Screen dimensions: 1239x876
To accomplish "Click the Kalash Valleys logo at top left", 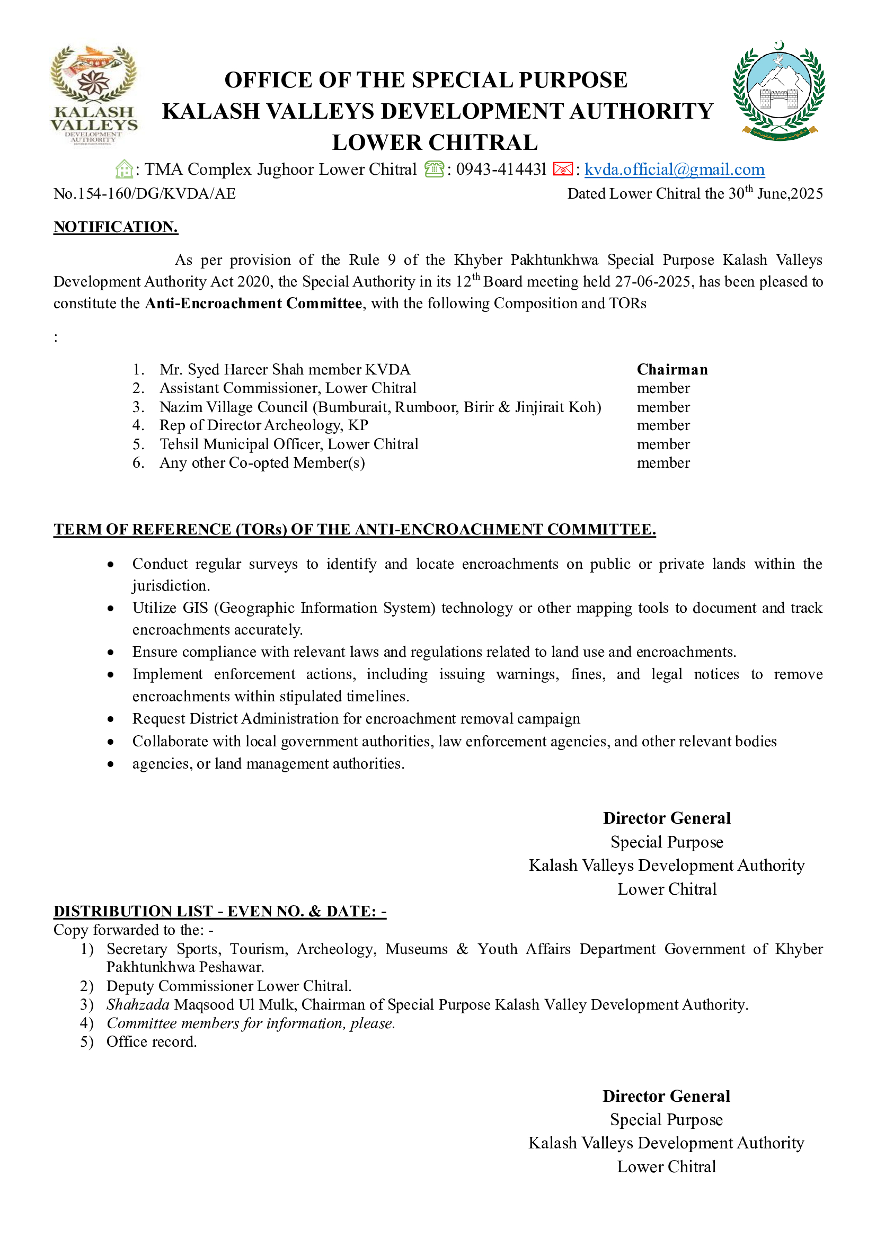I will (94, 95).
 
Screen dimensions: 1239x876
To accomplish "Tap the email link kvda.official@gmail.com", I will (674, 170).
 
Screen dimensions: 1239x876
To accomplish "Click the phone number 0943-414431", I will (501, 170).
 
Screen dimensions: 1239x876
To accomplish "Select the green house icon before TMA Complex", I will (124, 170).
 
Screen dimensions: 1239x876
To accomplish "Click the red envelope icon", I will (562, 170).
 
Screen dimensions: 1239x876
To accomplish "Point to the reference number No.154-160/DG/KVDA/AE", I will (145, 194).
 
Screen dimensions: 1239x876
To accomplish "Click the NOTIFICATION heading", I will (116, 227).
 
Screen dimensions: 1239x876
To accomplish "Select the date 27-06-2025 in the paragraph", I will (653, 282).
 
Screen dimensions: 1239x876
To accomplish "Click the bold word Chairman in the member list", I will (672, 370).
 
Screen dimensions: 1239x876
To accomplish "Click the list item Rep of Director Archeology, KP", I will (264, 425).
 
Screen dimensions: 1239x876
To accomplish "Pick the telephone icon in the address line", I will (434, 170).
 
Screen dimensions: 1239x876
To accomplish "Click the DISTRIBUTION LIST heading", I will (220, 912).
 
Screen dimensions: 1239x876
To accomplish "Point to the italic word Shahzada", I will (138, 1005).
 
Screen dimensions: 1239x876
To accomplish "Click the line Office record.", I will (151, 1042).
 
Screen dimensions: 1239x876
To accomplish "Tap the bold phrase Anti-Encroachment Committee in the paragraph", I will (254, 304).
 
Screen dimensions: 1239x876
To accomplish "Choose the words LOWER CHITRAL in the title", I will (435, 143).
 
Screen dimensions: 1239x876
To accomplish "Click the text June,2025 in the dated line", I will (790, 194).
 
